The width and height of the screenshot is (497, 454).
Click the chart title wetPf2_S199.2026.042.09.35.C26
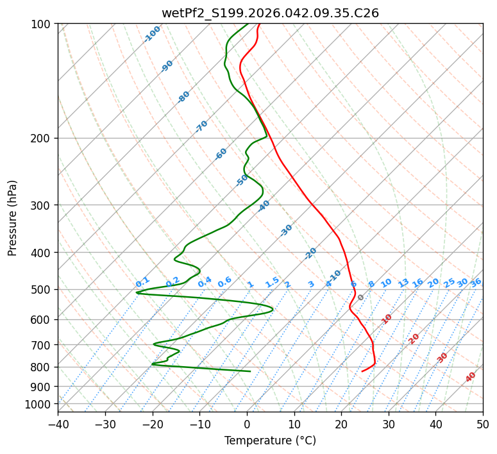coord(270,13)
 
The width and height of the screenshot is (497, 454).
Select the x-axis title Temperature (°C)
coord(270,441)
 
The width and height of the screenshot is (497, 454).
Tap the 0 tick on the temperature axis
coord(247,425)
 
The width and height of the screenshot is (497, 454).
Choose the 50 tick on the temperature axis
coord(483,425)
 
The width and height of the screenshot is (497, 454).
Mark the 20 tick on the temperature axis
coord(341,425)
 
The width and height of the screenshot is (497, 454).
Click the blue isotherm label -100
coord(153,33)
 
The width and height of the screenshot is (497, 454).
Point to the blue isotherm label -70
coord(201,126)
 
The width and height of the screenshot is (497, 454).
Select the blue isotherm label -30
coord(286,231)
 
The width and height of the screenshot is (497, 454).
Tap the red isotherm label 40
coord(471,377)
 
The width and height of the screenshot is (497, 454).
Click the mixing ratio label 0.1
coord(142,282)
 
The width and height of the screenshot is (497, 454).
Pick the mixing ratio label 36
coord(476,282)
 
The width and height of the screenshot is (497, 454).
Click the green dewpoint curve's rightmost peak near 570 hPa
coord(273,310)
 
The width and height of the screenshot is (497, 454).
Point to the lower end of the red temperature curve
coord(362,371)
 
